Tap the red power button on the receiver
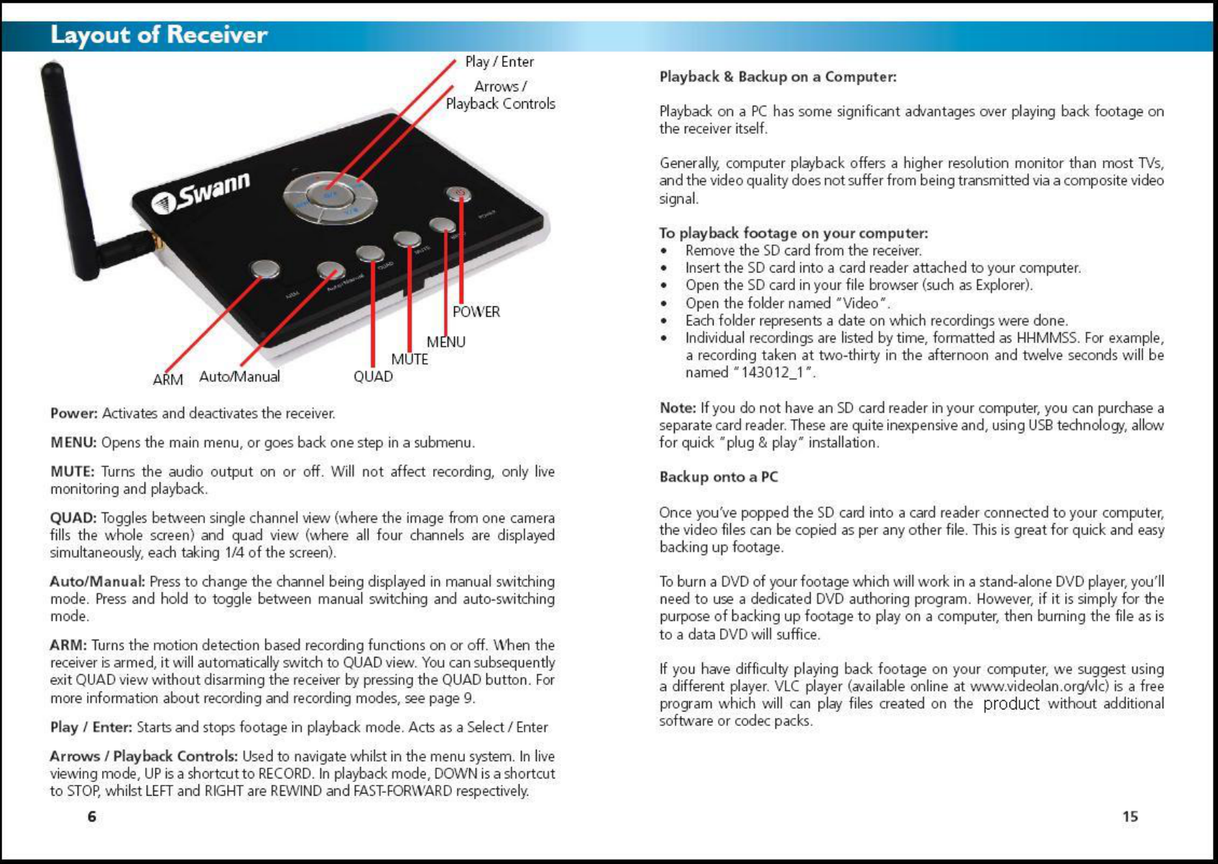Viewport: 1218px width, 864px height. [458, 194]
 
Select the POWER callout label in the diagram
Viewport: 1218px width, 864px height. [476, 312]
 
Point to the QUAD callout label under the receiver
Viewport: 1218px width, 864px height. [373, 377]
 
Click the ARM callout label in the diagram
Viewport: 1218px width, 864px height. [167, 380]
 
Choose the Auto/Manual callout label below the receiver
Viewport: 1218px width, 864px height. [239, 377]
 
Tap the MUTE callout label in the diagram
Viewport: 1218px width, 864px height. [410, 359]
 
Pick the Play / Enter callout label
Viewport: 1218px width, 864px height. [499, 62]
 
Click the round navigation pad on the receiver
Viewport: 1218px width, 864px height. [331, 196]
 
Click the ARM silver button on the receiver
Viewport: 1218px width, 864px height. [265, 269]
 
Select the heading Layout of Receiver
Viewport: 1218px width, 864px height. [159, 35]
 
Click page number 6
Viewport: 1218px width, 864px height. [91, 817]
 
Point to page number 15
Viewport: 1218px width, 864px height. [1130, 817]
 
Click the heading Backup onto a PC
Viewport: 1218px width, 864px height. [719, 477]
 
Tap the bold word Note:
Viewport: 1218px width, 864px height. [678, 408]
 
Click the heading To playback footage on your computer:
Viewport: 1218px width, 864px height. [793, 233]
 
